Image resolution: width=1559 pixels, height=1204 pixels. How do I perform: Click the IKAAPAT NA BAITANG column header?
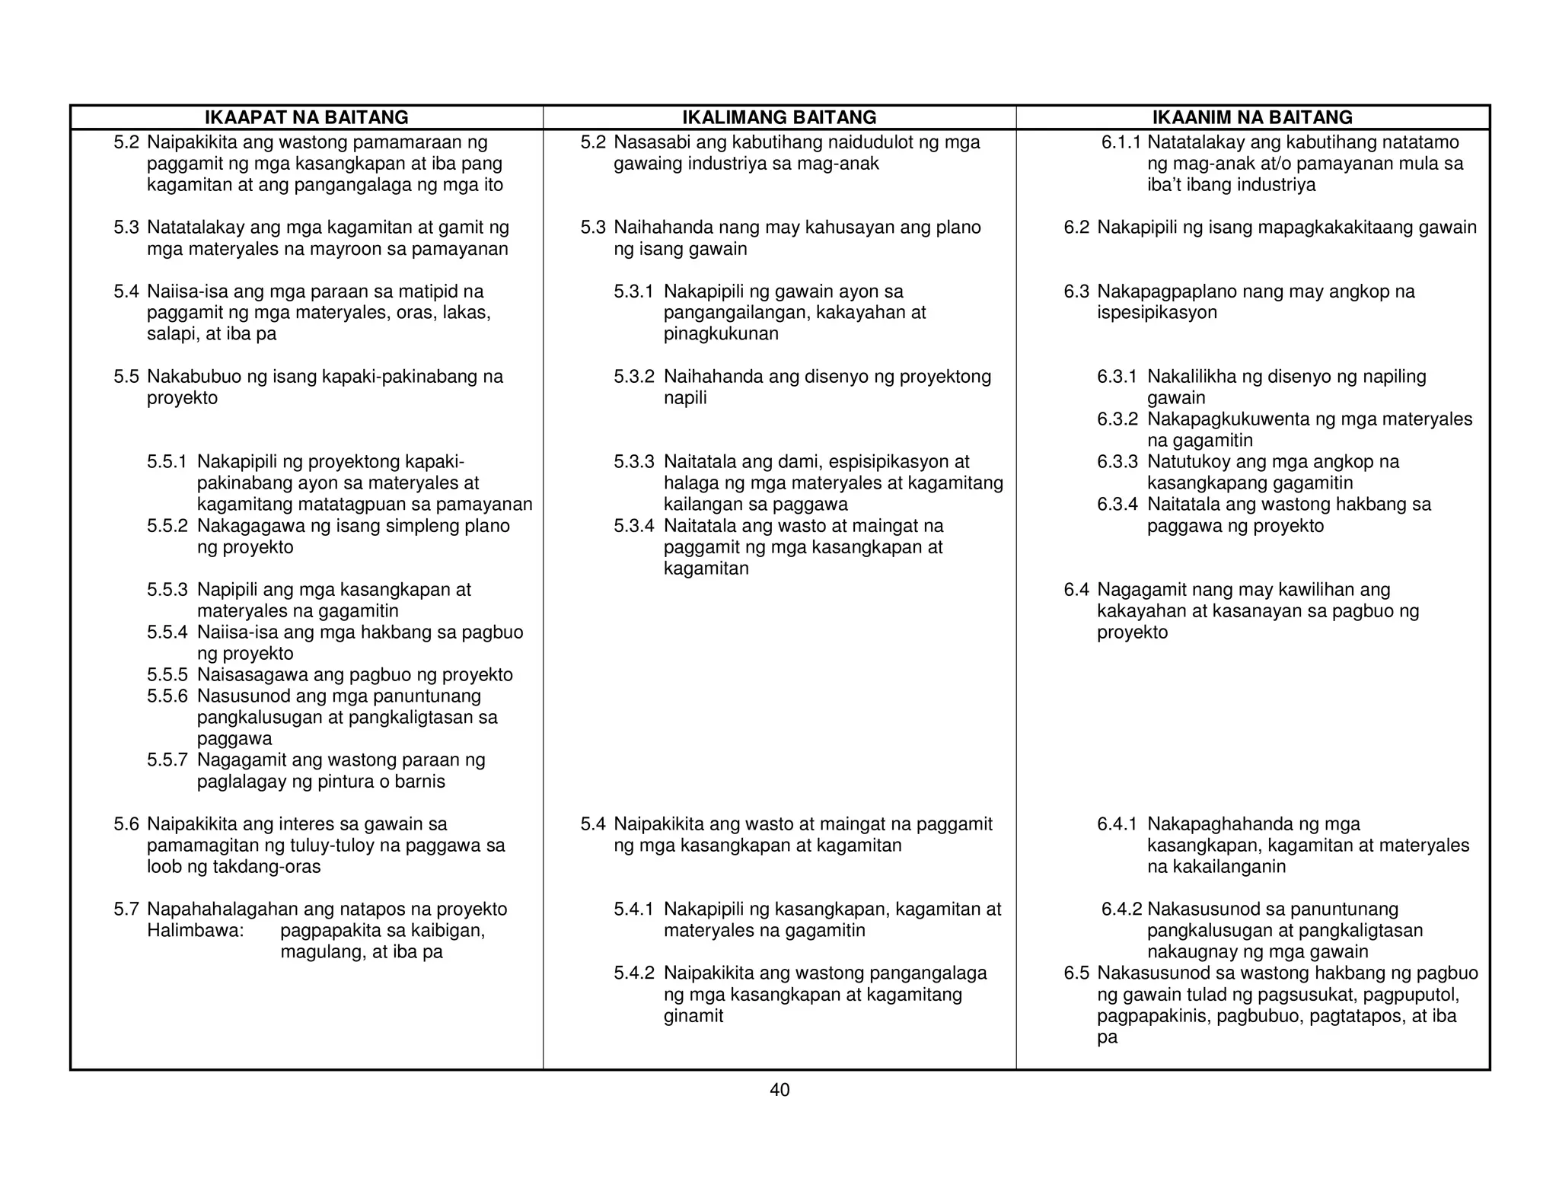pyautogui.click(x=306, y=117)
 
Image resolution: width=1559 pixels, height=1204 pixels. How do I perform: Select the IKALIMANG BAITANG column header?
pyautogui.click(x=779, y=117)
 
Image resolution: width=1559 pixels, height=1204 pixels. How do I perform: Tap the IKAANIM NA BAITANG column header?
pyautogui.click(x=1252, y=117)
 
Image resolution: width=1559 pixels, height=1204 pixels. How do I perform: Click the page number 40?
pyautogui.click(x=779, y=1090)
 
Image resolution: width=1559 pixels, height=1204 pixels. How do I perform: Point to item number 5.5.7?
pyautogui.click(x=167, y=760)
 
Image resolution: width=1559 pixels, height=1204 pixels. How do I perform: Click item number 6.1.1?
pyautogui.click(x=1121, y=142)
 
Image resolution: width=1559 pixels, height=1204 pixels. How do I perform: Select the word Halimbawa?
pyautogui.click(x=195, y=930)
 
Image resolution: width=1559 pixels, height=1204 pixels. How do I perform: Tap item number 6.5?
pyautogui.click(x=1076, y=973)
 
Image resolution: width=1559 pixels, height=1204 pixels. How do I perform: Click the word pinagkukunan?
pyautogui.click(x=721, y=333)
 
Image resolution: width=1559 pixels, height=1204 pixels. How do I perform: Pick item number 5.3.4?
pyautogui.click(x=633, y=525)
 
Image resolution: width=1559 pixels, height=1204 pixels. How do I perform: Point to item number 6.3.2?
pyautogui.click(x=1117, y=419)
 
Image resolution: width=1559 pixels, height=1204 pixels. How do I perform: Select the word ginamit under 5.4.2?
pyautogui.click(x=693, y=1015)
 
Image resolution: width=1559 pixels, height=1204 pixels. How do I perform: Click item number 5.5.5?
pyautogui.click(x=167, y=674)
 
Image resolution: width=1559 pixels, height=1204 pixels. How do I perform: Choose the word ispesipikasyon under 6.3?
pyautogui.click(x=1156, y=312)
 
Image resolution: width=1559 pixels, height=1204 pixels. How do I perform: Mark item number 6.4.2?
pyautogui.click(x=1121, y=909)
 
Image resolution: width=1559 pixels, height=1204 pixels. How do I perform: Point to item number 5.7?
pyautogui.click(x=126, y=909)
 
